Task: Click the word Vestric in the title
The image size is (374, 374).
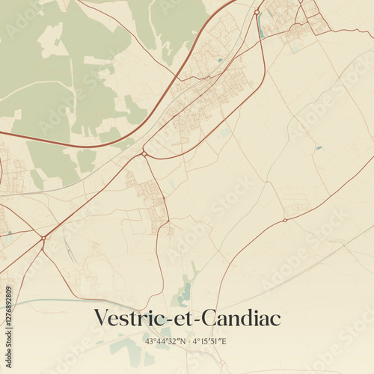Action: (x=129, y=318)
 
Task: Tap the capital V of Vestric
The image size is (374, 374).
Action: (x=101, y=318)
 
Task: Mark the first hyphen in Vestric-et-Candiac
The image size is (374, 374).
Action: (x=168, y=320)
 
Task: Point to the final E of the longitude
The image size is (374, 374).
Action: (x=224, y=341)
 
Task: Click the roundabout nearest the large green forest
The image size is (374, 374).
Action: (x=144, y=153)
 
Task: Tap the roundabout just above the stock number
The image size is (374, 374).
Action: (x=43, y=238)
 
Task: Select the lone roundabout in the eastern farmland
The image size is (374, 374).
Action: (x=285, y=220)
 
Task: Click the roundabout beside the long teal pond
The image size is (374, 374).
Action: (x=257, y=12)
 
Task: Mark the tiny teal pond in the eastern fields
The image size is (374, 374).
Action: (x=319, y=147)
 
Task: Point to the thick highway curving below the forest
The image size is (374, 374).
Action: (x=90, y=144)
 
